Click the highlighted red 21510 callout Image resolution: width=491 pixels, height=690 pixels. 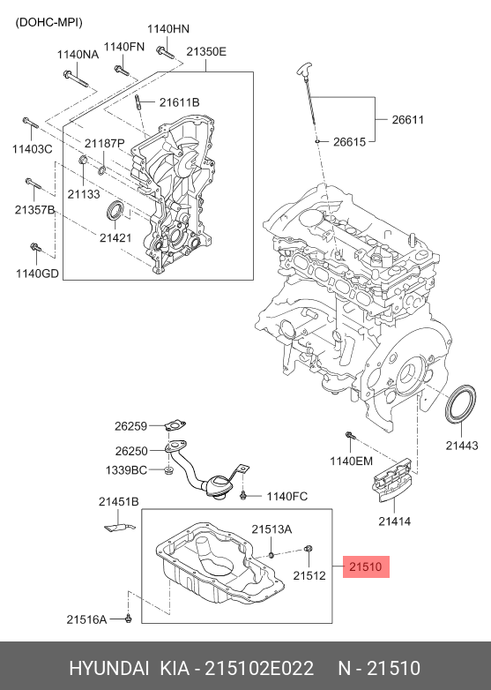(x=366, y=566)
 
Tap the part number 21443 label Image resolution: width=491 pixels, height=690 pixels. (x=462, y=446)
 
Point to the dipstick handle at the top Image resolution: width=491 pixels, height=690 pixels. (x=304, y=70)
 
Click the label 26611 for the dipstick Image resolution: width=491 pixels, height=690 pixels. (x=408, y=120)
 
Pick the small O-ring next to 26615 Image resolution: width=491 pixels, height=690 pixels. (x=316, y=142)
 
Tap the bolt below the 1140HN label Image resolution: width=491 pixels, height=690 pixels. (x=165, y=52)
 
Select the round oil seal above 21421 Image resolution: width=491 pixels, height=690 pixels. (x=115, y=210)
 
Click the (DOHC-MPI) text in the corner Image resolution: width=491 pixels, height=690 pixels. (x=48, y=22)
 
